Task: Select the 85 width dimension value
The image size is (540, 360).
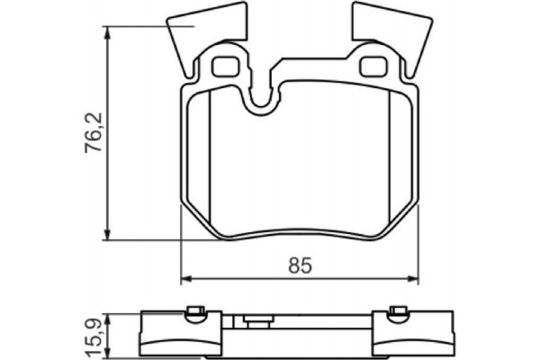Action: point(300,265)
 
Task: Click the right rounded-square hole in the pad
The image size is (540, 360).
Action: point(371,67)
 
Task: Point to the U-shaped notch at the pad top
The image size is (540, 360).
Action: point(262,99)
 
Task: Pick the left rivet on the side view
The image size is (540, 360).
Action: point(193,313)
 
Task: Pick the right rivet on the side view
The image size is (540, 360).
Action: point(399,313)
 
